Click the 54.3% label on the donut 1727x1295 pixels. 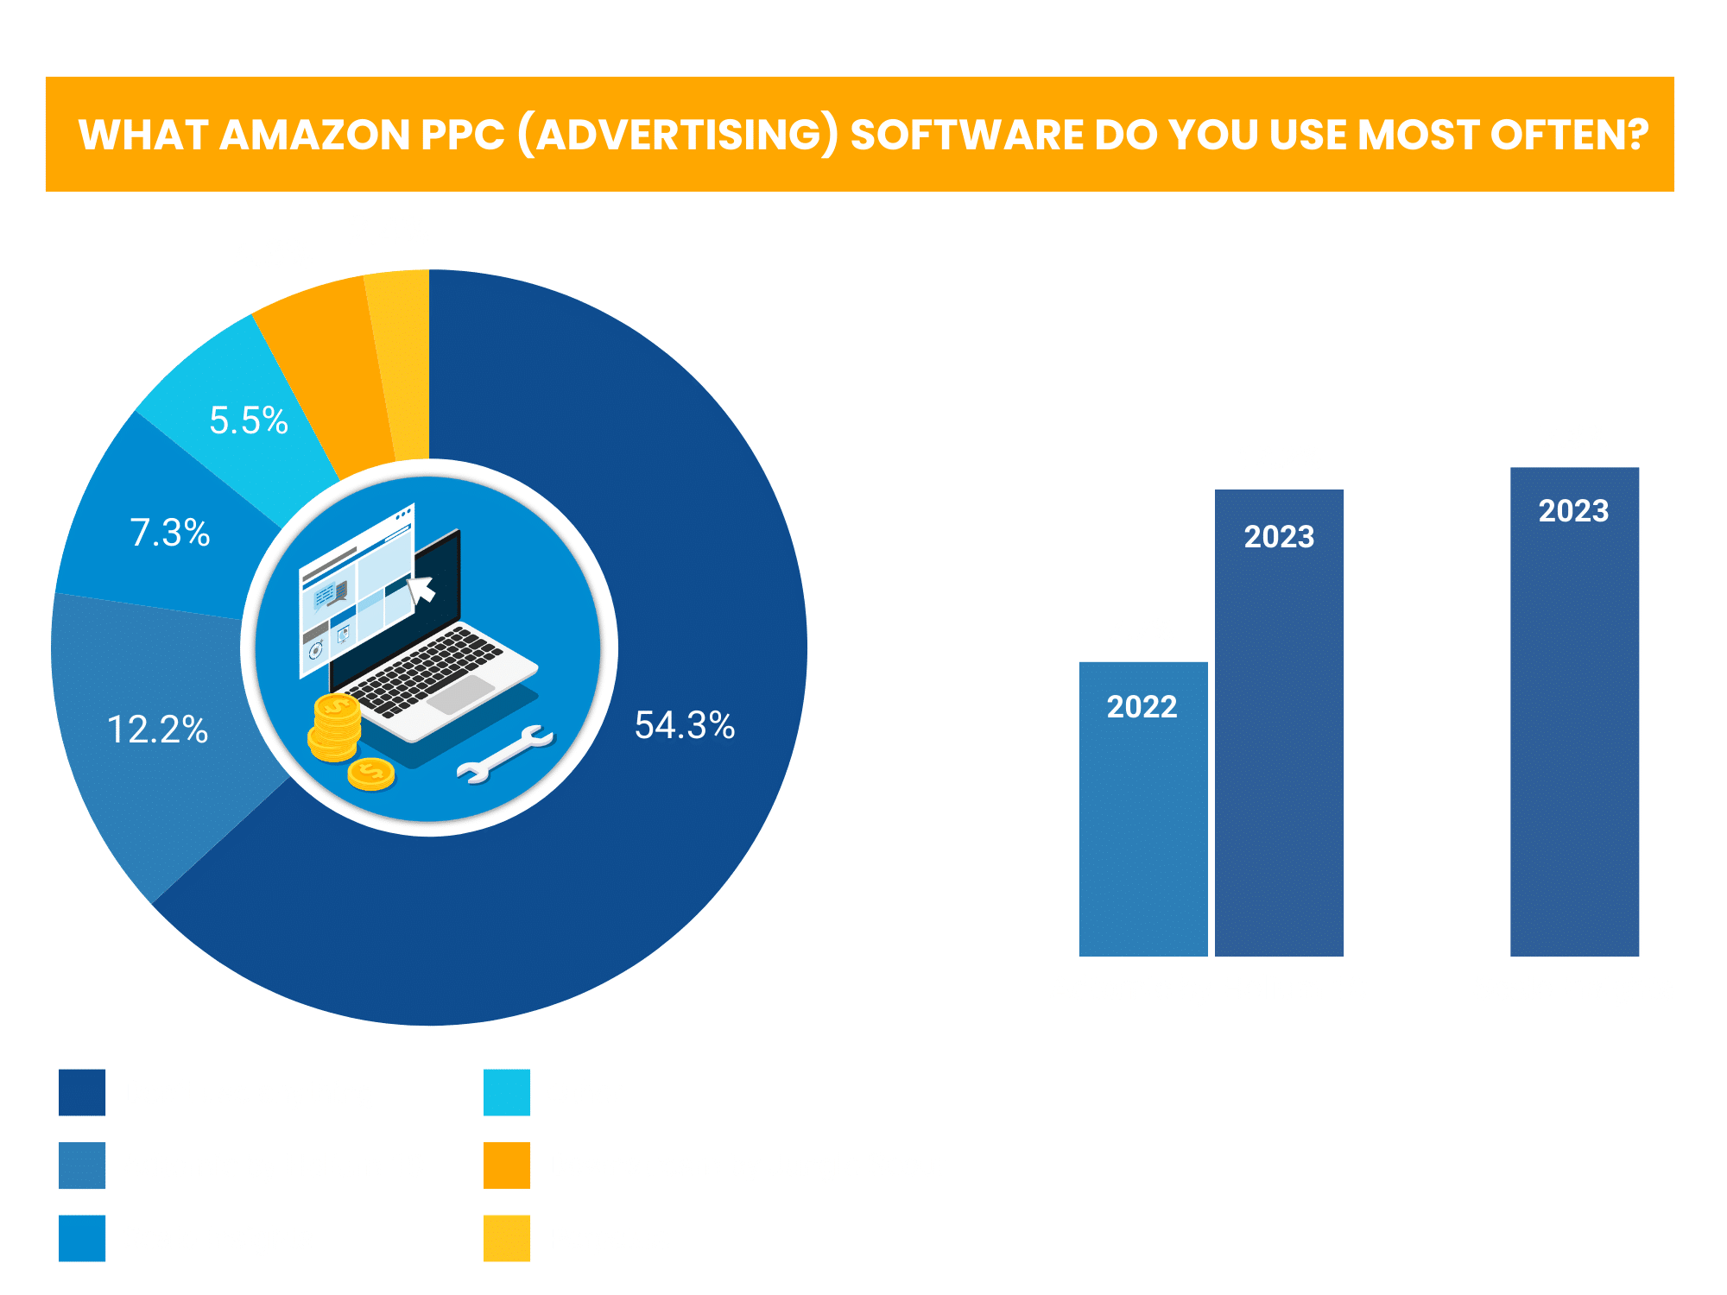coord(684,725)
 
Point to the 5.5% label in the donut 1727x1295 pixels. coord(249,421)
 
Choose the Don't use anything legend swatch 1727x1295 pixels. coord(82,1092)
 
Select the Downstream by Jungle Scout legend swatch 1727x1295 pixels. coord(507,1165)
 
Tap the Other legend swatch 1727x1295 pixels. coord(507,1092)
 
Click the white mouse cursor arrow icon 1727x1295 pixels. coord(421,589)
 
